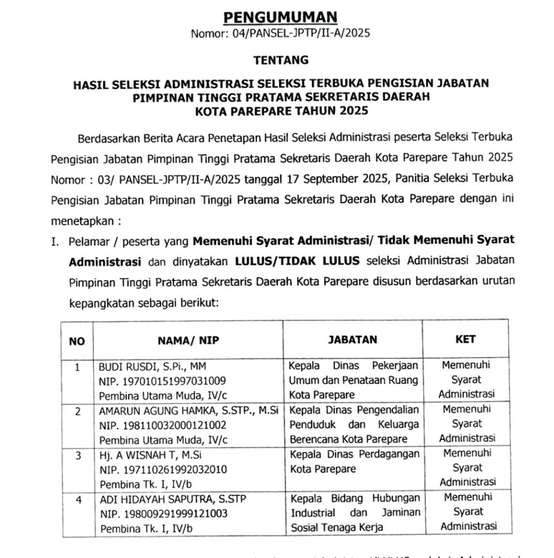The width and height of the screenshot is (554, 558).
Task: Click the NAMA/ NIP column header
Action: click(x=187, y=340)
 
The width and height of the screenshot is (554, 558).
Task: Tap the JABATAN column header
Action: click(x=353, y=339)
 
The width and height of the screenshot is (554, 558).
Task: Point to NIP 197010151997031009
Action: click(x=162, y=381)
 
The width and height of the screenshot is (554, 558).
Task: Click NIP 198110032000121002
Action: click(x=162, y=425)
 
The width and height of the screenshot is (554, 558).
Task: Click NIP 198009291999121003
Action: click(x=162, y=513)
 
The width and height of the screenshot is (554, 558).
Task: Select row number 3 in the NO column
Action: click(x=77, y=455)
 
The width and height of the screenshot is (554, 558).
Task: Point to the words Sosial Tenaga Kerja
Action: click(x=336, y=527)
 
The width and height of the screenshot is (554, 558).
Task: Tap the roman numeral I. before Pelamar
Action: click(x=55, y=242)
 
